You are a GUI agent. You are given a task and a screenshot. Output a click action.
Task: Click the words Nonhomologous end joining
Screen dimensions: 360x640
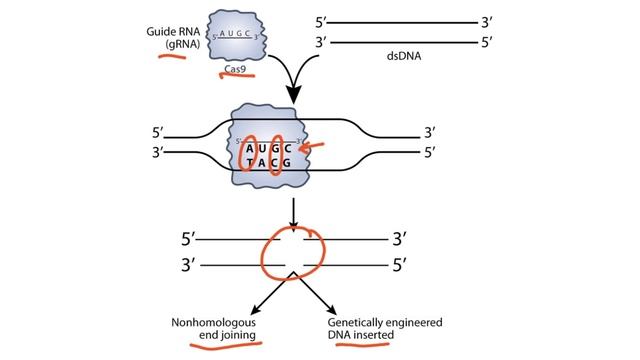click(218, 329)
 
